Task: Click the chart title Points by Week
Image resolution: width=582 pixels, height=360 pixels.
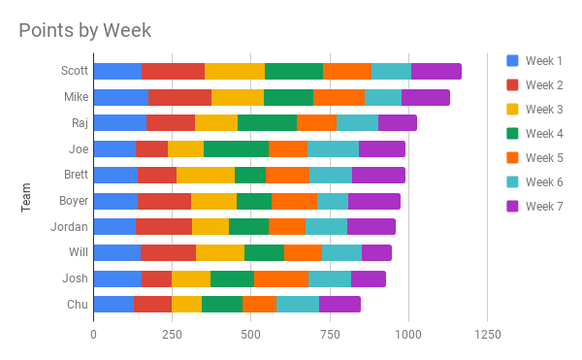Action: [85, 30]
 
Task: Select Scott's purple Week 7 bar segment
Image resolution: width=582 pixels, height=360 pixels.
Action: [436, 71]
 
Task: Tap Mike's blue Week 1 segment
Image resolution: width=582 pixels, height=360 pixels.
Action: [121, 97]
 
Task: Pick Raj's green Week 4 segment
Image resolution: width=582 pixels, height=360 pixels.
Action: [268, 123]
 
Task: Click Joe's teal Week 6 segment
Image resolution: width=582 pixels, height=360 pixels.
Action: [333, 148]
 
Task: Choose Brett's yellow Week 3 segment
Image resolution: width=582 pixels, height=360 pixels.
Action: [206, 175]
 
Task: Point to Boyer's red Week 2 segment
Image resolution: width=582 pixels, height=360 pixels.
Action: [165, 201]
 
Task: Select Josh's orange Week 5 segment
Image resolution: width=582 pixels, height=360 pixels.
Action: [281, 278]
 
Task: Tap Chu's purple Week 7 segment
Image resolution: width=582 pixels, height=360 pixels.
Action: [339, 305]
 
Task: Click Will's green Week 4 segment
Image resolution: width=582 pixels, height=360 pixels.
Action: [264, 252]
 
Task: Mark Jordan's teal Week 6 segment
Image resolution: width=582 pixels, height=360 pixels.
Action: [326, 226]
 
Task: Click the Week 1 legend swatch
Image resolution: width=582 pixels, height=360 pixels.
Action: [512, 60]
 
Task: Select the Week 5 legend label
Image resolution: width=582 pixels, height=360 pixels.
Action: [544, 158]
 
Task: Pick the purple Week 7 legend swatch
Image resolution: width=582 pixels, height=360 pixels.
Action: [512, 206]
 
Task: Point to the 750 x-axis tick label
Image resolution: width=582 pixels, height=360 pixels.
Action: [330, 335]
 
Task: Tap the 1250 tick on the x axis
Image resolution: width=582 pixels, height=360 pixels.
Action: [488, 335]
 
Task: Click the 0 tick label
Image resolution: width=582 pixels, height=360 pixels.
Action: [93, 335]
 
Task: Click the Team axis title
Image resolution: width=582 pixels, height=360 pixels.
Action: [25, 197]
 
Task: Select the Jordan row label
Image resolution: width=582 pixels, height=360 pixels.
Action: [70, 226]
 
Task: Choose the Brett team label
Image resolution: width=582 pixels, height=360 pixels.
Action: [76, 175]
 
